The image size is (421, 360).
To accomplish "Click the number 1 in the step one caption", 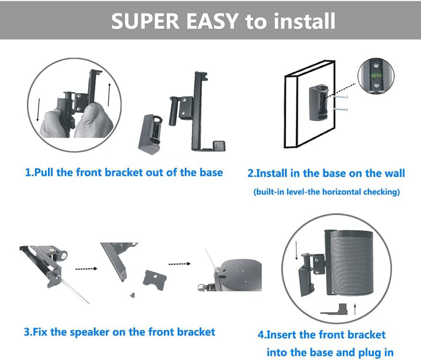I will coord(28,173).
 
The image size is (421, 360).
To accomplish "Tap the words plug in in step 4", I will coord(369,352).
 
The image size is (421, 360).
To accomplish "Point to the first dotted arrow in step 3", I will coord(87,269).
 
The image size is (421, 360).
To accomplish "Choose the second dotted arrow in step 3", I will coord(180,264).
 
